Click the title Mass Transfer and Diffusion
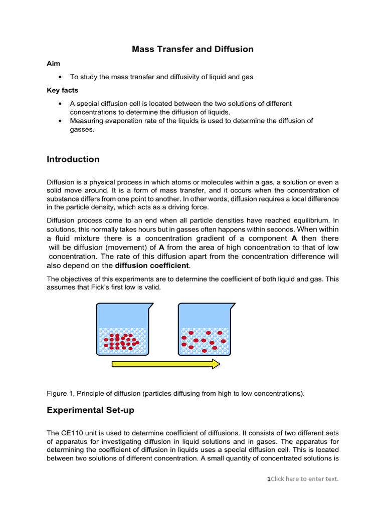click(x=192, y=49)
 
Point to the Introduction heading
click(x=73, y=159)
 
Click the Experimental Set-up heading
click(x=90, y=410)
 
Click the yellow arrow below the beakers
click(x=165, y=364)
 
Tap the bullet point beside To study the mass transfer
click(x=60, y=77)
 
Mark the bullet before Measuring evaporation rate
click(x=60, y=121)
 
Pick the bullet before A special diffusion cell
click(x=60, y=103)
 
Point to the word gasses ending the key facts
click(x=82, y=129)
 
